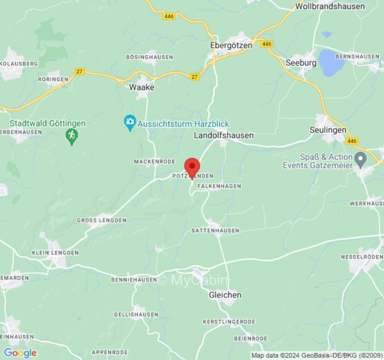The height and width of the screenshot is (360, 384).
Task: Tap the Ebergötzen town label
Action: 231,45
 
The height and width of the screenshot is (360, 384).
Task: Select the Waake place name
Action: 141,87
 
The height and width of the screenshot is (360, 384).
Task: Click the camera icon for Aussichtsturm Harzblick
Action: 130,122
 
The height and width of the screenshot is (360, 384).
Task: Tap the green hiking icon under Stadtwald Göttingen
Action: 71,135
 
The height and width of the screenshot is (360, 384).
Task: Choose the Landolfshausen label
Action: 224,135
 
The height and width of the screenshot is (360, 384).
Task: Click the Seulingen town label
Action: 328,130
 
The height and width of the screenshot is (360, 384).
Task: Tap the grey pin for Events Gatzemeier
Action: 360,158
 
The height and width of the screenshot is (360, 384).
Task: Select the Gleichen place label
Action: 225,295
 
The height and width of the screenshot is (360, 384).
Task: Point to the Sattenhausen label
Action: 215,230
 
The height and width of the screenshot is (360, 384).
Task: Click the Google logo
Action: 20,353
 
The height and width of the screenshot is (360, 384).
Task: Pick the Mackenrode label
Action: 154,161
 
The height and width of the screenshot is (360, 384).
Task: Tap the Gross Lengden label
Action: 101,220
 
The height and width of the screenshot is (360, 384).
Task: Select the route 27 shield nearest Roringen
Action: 79,71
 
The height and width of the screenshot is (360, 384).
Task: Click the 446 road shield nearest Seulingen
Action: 352,141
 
